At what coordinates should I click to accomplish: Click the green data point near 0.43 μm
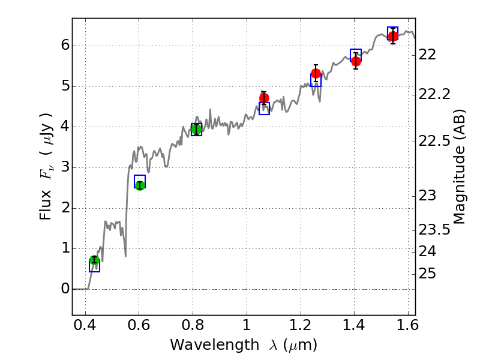coord(94,260)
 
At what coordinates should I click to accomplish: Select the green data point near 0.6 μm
coord(140,185)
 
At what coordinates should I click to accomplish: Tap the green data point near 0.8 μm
coord(196,129)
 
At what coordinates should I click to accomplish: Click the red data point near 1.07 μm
coord(264,98)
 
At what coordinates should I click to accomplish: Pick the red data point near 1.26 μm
coord(316,74)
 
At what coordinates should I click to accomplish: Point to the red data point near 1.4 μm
coord(356,61)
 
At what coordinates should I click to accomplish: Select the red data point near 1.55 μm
coord(393,36)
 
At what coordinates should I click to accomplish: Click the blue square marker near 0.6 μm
coord(140,181)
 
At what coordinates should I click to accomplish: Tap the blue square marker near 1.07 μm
coord(264,109)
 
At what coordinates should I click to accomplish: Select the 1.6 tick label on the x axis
coord(407,328)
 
